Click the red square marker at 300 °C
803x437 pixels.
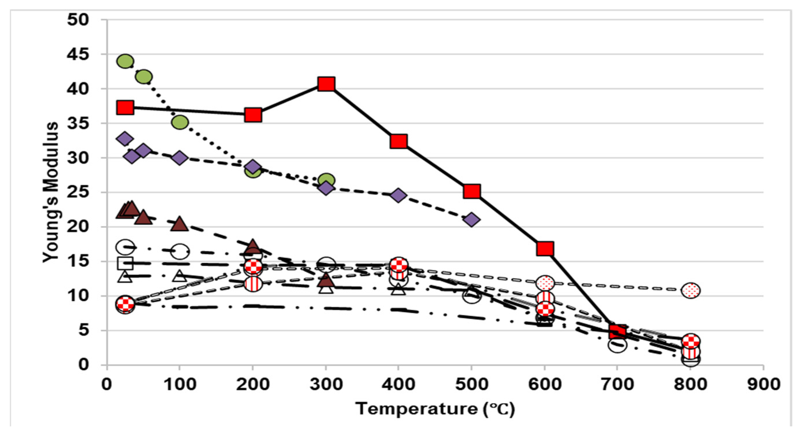click(326, 84)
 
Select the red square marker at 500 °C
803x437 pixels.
click(472, 191)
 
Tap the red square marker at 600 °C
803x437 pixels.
click(545, 249)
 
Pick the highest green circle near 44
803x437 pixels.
click(125, 61)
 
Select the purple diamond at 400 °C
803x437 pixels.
click(398, 195)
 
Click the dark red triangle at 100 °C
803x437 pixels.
click(180, 224)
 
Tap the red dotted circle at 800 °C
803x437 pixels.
click(691, 290)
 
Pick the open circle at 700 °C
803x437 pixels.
click(617, 345)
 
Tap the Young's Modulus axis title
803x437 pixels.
click(50, 192)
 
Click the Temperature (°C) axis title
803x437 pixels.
click(435, 409)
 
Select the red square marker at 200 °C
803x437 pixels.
click(253, 115)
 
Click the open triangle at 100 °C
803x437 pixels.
click(180, 276)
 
